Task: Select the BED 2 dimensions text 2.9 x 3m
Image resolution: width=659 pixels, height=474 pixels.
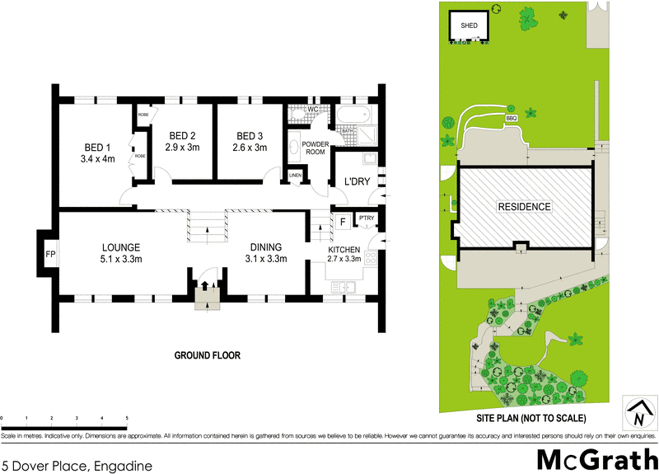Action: (182, 148)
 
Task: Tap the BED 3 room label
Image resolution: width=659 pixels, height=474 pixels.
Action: (250, 136)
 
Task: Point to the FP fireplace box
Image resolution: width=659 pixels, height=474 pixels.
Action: (50, 254)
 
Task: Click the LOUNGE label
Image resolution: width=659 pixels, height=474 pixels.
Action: (121, 246)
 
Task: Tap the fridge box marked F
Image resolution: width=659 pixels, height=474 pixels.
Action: (342, 221)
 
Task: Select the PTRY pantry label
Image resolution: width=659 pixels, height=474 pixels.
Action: (365, 219)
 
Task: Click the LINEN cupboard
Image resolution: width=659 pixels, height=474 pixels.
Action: (295, 176)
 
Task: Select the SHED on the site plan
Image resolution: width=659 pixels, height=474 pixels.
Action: (469, 26)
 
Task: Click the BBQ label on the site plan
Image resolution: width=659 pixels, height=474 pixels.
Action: (512, 117)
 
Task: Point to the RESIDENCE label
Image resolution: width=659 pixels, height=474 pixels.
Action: (524, 206)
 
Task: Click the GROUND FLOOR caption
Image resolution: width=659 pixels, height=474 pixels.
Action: (207, 355)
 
